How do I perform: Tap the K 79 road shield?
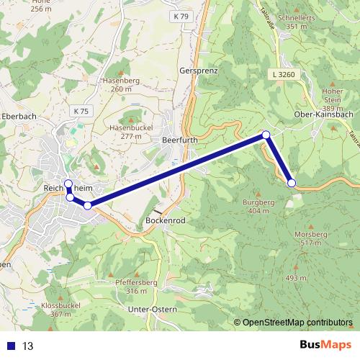coord(180,15)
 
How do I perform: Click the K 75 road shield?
coord(81,111)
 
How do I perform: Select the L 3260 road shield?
coord(284,73)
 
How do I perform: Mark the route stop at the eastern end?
coord(292,183)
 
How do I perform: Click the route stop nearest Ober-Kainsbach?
coord(266,135)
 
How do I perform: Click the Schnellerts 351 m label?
coord(282,22)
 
